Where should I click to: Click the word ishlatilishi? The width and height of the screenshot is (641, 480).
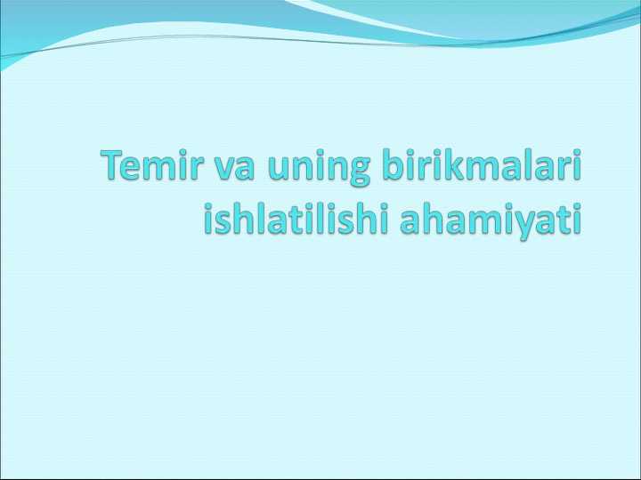pyautogui.click(x=296, y=218)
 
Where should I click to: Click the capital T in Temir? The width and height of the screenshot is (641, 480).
pyautogui.click(x=113, y=167)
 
